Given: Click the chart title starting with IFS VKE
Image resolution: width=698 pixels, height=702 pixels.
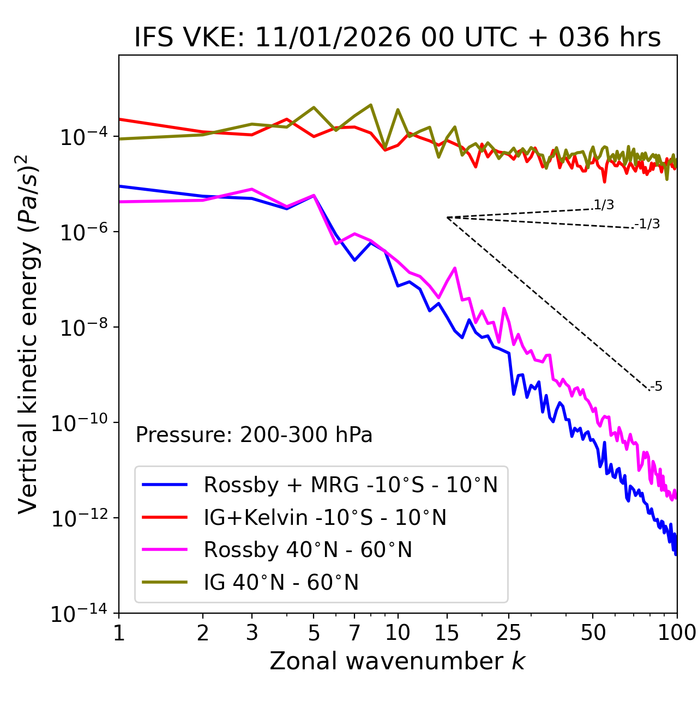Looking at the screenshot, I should (398, 38).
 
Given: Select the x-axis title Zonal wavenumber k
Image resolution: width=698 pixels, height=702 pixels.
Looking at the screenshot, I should (398, 661).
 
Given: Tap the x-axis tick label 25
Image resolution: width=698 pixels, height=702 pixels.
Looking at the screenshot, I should (509, 633).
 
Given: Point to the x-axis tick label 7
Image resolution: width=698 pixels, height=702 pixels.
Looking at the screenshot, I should (354, 633).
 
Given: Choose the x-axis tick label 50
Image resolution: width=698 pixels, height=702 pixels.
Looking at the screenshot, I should (593, 633).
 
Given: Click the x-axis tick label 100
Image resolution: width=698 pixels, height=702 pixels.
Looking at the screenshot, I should (677, 633).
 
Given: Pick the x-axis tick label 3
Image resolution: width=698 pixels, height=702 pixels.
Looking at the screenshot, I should (252, 633).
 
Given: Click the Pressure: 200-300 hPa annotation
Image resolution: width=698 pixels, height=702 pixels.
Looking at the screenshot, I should (254, 435).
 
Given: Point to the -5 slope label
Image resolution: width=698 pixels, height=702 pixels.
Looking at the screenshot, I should (657, 387).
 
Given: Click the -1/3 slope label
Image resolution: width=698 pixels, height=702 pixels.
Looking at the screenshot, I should (648, 224).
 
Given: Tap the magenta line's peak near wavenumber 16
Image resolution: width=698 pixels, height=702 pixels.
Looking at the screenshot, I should (455, 268).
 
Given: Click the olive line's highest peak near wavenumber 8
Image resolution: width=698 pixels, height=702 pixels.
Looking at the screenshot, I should (371, 105).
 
